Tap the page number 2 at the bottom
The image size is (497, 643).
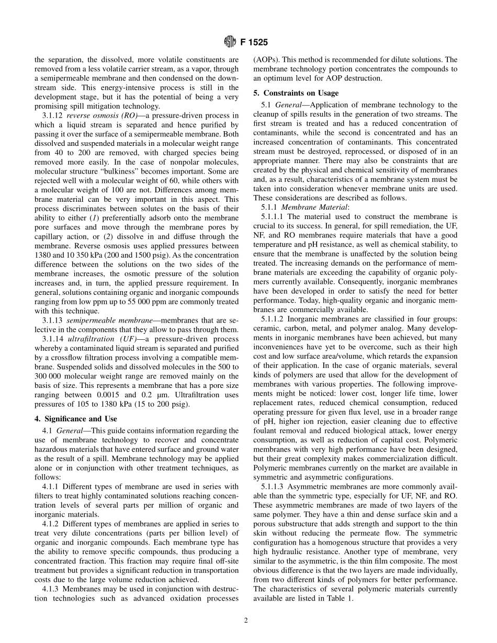(246, 621)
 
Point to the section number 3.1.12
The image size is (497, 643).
(53, 116)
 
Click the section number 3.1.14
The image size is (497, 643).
(53, 339)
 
